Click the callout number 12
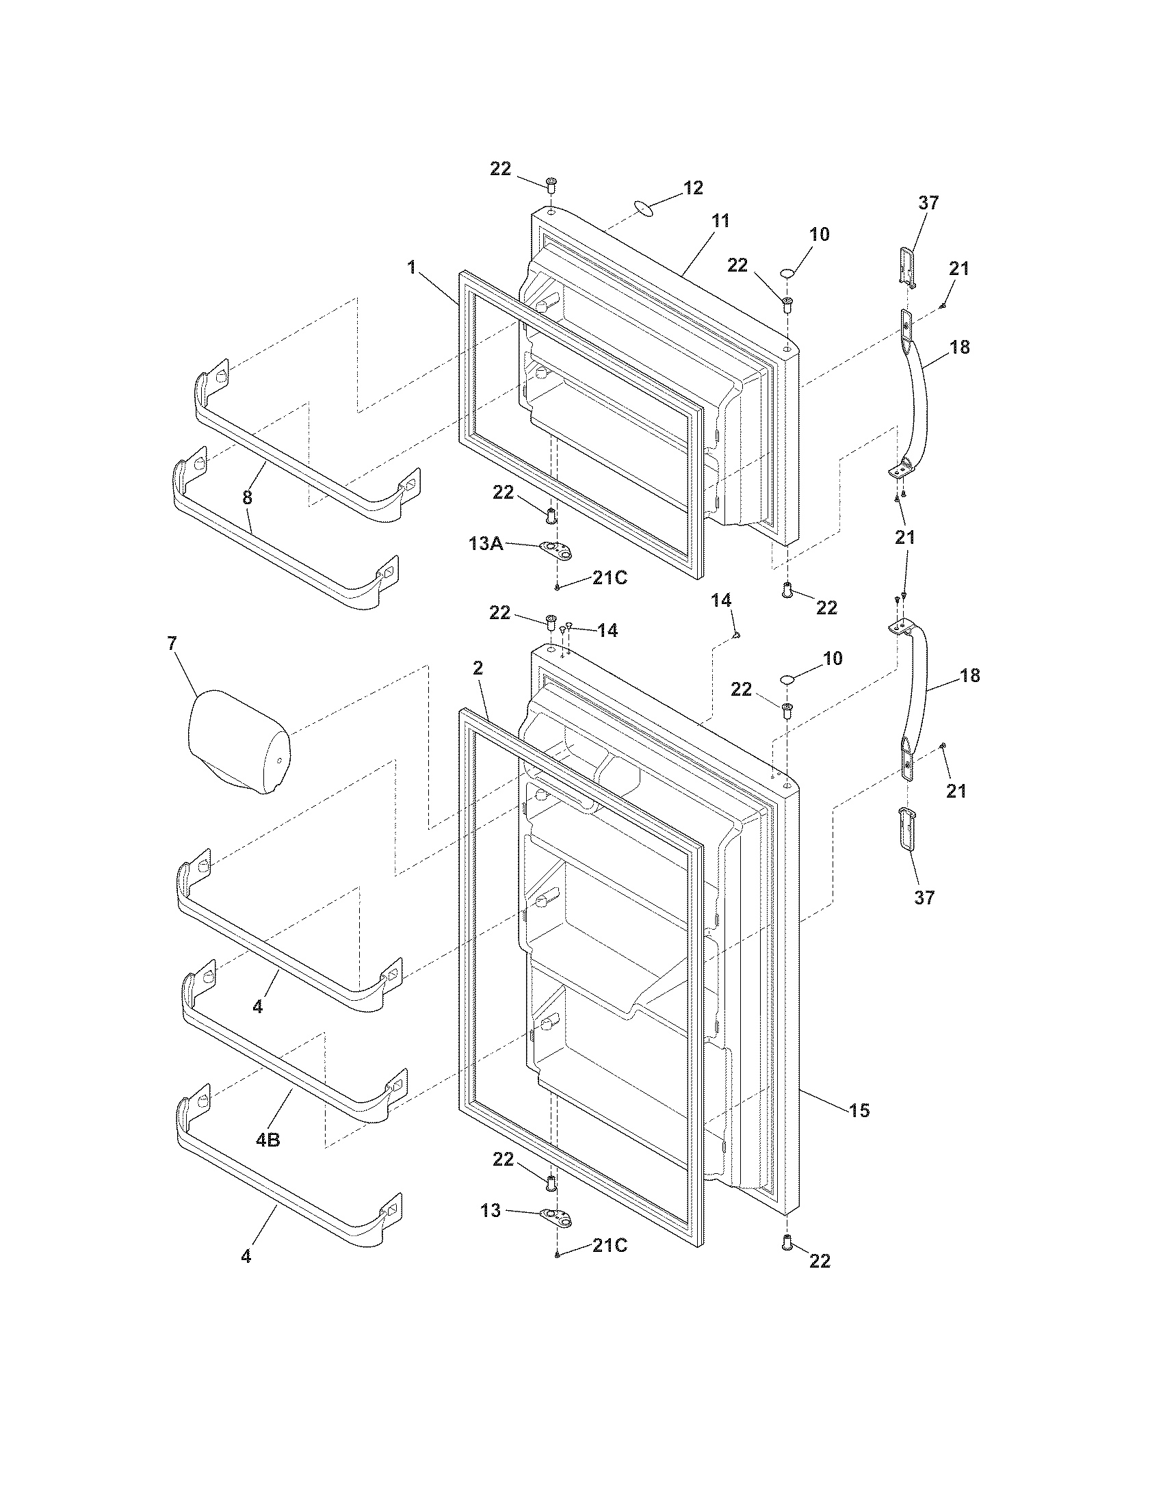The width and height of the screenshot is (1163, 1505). tap(692, 187)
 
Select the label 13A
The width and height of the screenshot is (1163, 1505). tap(485, 544)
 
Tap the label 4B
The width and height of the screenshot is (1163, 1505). tap(267, 1140)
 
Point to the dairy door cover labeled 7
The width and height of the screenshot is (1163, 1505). tap(237, 743)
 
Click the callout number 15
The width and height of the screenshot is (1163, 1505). tap(859, 1110)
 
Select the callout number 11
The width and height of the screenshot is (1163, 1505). tap(720, 221)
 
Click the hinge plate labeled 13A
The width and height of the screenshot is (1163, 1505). tap(558, 551)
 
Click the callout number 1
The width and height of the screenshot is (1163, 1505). tap(411, 267)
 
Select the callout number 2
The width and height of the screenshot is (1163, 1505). tap(478, 668)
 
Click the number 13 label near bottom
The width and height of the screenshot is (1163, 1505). tap(491, 1210)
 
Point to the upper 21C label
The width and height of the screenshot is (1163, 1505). tap(610, 577)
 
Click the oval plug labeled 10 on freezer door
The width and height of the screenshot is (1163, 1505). tap(787, 275)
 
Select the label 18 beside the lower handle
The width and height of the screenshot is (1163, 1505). tap(969, 676)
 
